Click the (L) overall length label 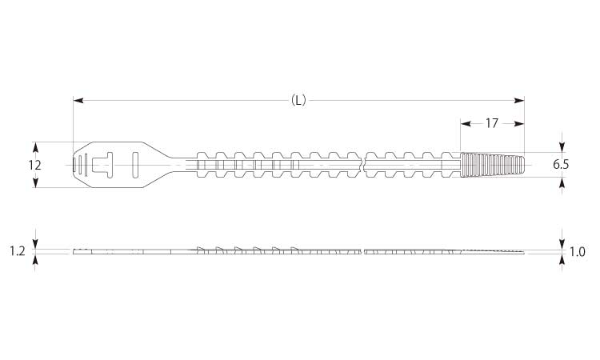click(x=298, y=101)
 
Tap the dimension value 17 click(x=492, y=123)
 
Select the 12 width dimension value click(x=35, y=165)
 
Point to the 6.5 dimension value click(x=561, y=165)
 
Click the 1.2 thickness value click(x=18, y=251)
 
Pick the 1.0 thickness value click(x=577, y=252)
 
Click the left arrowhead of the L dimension click(x=78, y=101)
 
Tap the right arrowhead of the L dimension click(x=519, y=101)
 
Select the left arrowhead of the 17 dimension click(x=466, y=123)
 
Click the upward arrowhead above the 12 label click(x=35, y=147)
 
